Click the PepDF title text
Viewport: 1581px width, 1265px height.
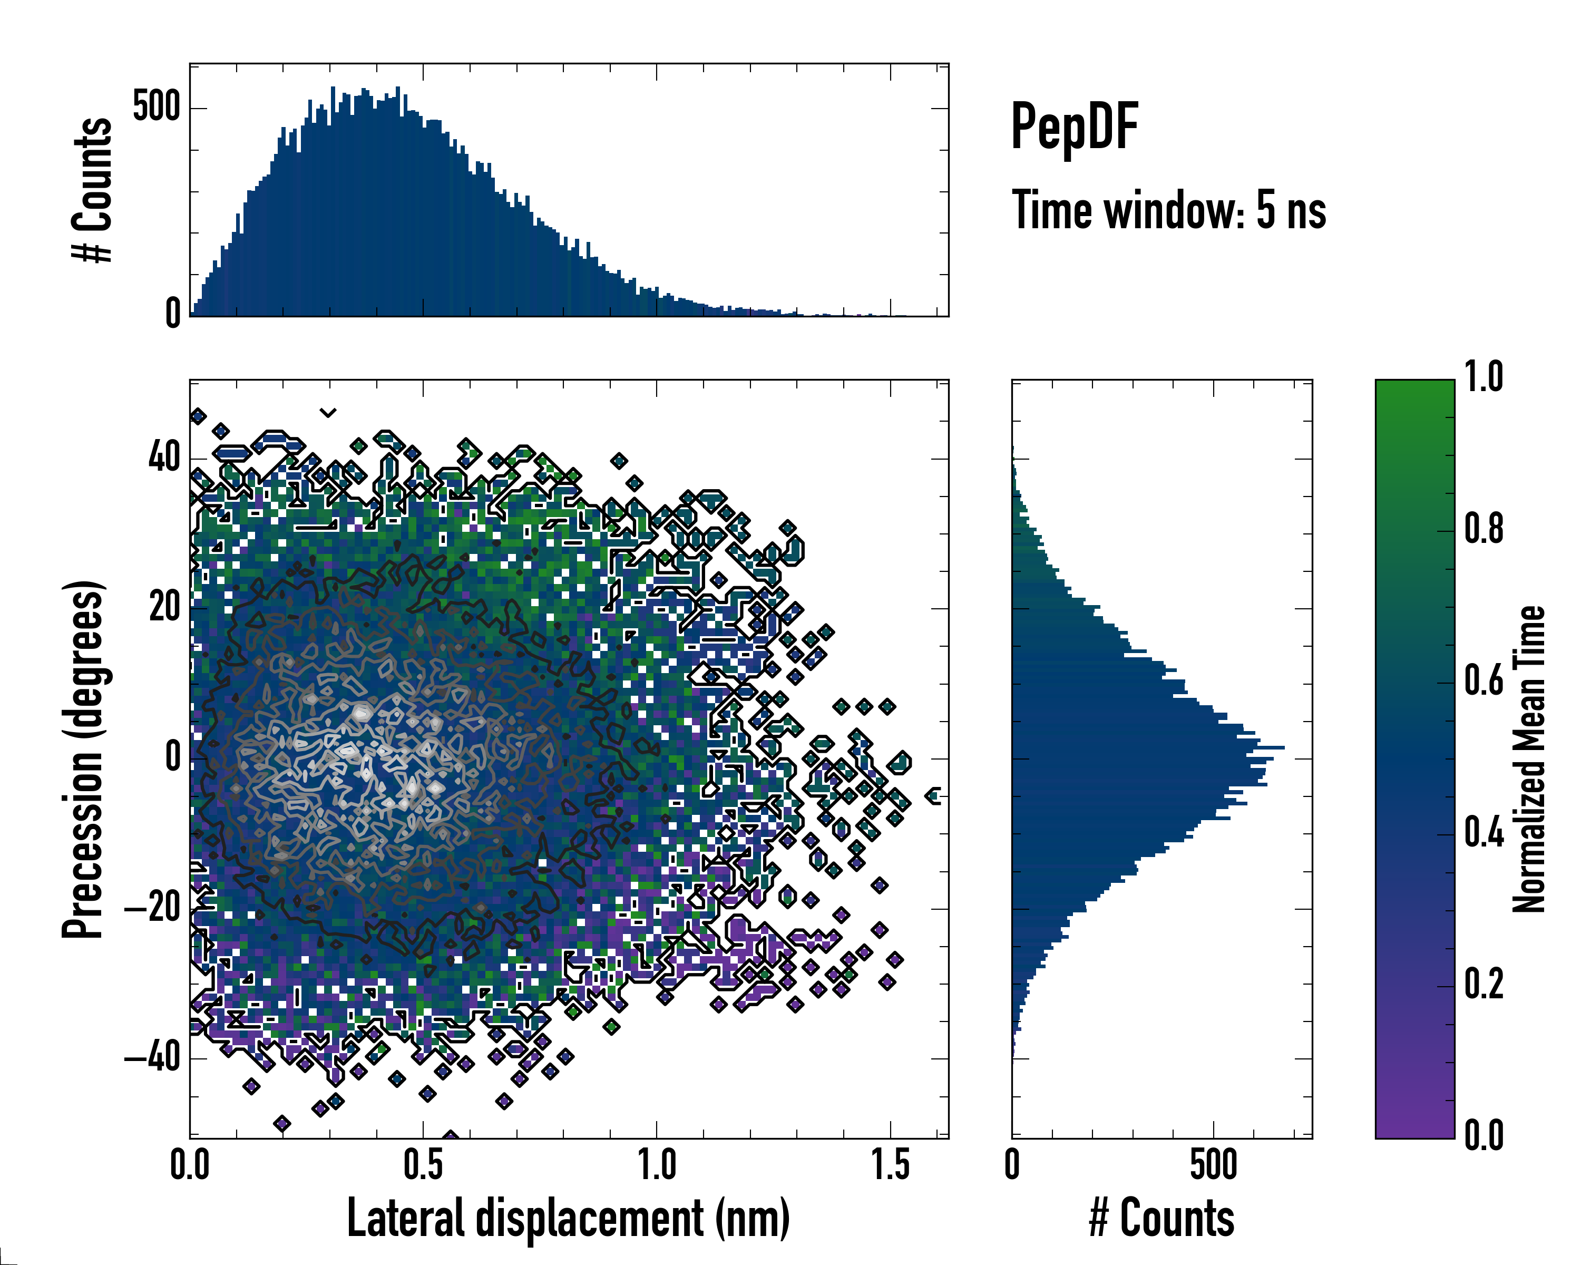(x=1073, y=127)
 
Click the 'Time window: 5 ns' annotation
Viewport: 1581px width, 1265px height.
(x=1168, y=210)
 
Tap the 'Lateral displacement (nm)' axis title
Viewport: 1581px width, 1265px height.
(x=568, y=1218)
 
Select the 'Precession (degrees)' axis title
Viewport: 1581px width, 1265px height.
(x=82, y=759)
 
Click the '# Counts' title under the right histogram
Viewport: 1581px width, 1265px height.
(x=1162, y=1218)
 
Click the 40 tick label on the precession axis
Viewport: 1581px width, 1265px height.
(x=164, y=459)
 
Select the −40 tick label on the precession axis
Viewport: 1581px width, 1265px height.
(x=152, y=1058)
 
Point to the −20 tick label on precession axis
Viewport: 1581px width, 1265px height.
(x=152, y=909)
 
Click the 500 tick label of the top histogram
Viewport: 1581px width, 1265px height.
(x=156, y=108)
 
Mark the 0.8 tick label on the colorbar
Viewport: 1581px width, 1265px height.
(x=1484, y=530)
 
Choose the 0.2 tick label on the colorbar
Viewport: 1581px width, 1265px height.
(x=1484, y=984)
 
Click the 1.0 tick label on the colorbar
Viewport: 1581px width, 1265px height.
(x=1484, y=378)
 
